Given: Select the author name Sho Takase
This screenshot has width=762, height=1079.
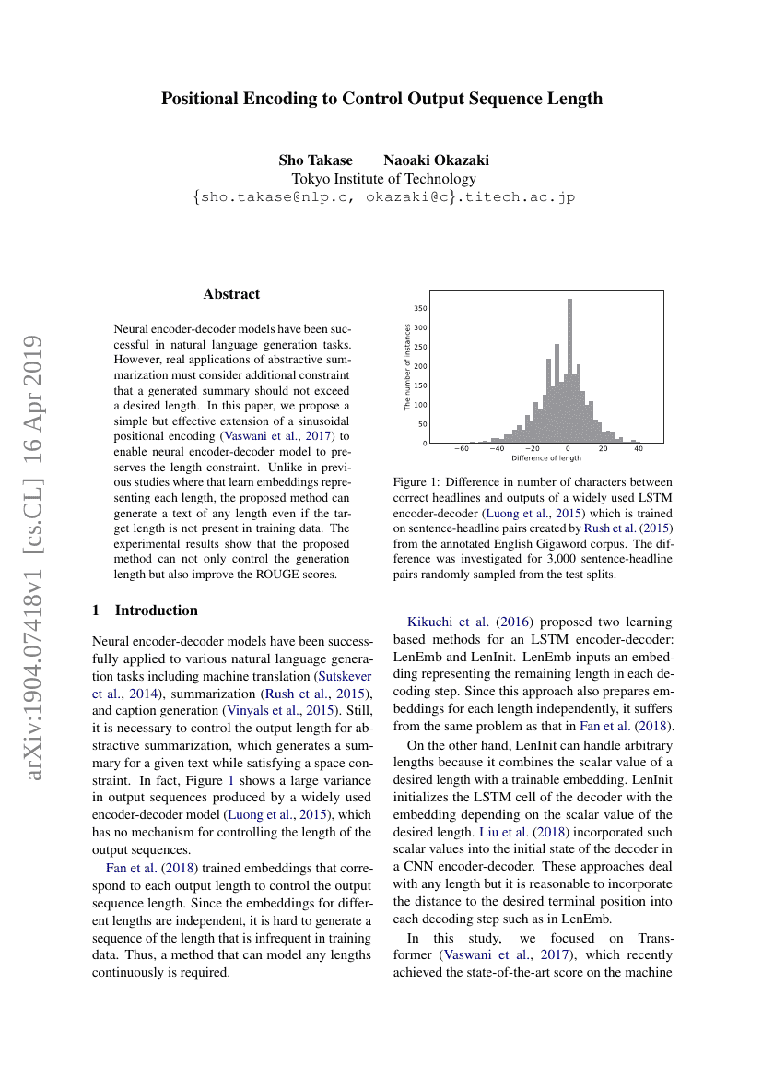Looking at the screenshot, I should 315,160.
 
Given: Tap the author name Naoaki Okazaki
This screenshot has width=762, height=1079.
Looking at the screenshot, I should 436,160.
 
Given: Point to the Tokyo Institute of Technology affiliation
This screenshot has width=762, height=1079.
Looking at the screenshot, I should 383,179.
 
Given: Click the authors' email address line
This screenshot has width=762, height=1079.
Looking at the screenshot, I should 383,196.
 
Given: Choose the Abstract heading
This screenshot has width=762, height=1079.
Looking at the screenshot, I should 231,294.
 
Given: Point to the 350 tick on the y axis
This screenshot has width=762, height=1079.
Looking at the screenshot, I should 420,308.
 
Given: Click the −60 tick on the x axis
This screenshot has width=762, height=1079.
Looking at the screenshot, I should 462,449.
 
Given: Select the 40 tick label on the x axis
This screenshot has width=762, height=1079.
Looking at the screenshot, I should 638,449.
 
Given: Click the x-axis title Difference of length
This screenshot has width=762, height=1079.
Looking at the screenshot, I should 546,458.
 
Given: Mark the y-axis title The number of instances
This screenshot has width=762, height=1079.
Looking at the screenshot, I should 408,367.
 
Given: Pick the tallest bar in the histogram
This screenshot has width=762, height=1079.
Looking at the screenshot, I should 570,369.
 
